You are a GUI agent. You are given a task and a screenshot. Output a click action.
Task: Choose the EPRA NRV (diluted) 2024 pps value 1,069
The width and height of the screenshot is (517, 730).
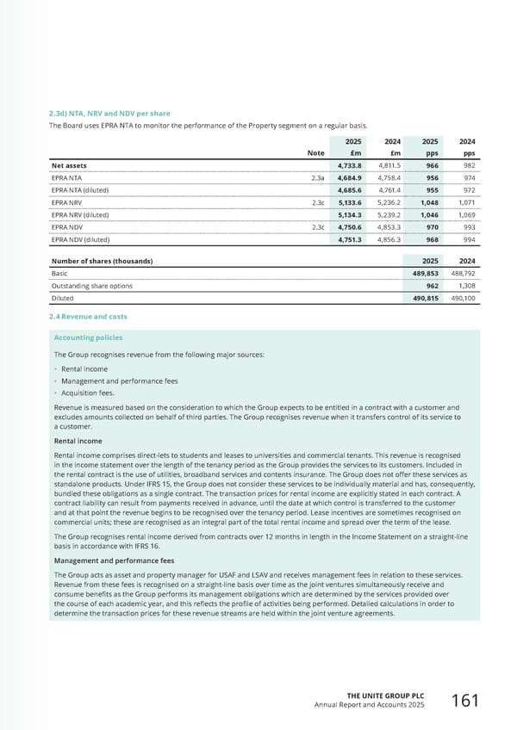click(x=466, y=214)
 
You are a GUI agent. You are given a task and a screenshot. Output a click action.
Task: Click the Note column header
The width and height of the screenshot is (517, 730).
click(x=315, y=152)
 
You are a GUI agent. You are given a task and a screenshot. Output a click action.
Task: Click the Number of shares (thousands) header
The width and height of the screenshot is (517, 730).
click(x=102, y=260)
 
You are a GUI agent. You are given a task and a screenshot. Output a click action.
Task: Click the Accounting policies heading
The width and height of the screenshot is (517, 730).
click(x=88, y=337)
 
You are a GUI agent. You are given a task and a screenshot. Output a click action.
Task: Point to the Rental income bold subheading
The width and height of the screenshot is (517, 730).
click(x=78, y=442)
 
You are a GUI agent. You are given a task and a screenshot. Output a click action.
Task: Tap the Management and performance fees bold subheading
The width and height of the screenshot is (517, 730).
click(x=112, y=560)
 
